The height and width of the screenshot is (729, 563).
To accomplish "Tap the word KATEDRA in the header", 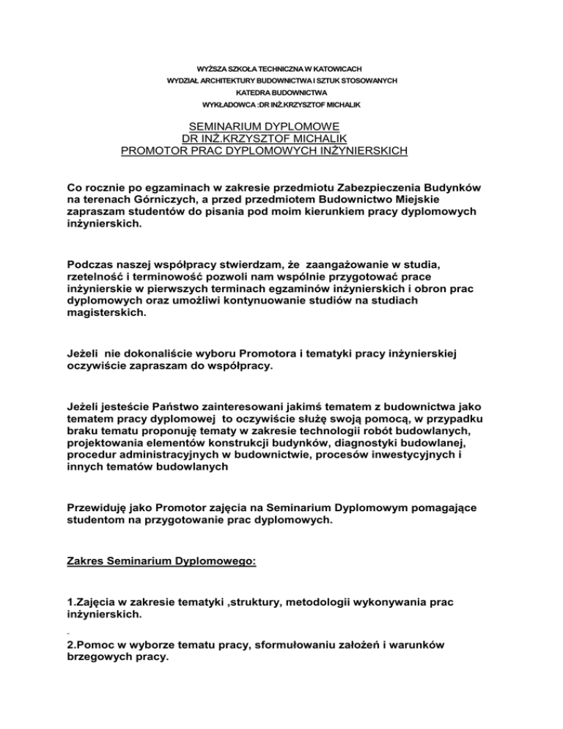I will click(253, 93).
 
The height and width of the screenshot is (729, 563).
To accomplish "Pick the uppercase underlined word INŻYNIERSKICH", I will click(349, 153).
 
